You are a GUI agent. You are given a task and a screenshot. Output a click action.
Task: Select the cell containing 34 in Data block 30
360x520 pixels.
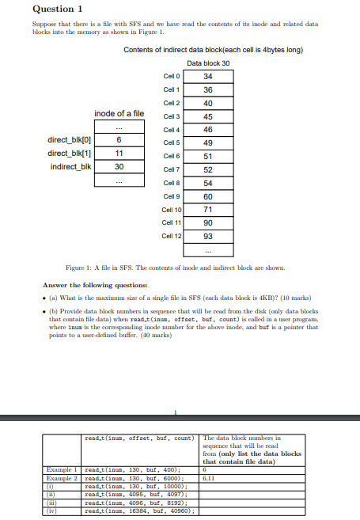pyautogui.click(x=208, y=76)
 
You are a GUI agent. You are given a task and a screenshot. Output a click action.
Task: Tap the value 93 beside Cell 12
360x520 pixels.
pyautogui.click(x=208, y=237)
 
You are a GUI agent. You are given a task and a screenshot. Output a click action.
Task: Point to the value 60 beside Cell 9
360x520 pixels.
pyautogui.click(x=208, y=196)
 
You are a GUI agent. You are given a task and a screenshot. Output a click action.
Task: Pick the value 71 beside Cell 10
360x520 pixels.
pyautogui.click(x=208, y=210)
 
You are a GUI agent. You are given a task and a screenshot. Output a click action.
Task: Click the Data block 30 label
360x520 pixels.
pyautogui.click(x=208, y=63)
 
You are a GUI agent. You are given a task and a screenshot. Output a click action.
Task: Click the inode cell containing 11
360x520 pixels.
pyautogui.click(x=119, y=153)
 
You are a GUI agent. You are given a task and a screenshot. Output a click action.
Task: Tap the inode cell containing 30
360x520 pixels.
pyautogui.click(x=119, y=166)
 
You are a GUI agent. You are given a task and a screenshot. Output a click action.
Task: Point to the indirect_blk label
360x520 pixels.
pyautogui.click(x=70, y=166)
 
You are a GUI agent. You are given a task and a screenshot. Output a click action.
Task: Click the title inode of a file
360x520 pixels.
pyautogui.click(x=119, y=114)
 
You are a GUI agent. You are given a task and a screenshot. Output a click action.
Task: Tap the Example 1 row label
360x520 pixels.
pyautogui.click(x=60, y=469)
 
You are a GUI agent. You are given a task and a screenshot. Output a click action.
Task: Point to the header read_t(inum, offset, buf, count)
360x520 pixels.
pyautogui.click(x=139, y=437)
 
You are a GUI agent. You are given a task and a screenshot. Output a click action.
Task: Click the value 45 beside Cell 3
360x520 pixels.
pyautogui.click(x=208, y=116)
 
